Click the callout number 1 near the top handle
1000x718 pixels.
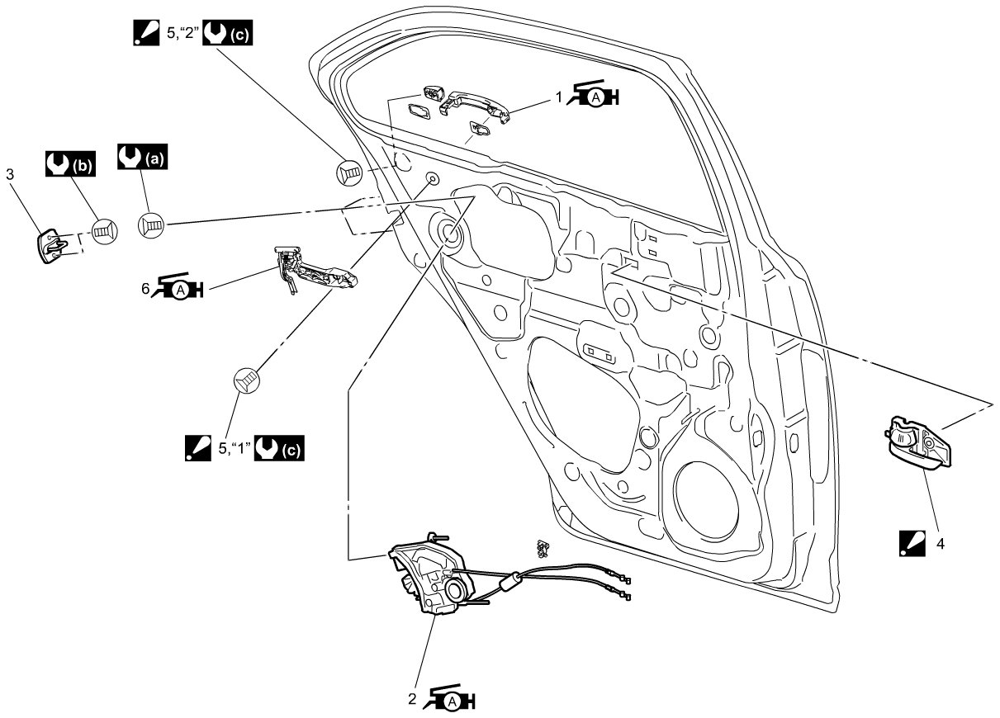pos(559,97)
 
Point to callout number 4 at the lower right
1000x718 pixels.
pos(939,544)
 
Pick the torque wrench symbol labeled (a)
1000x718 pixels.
pos(143,155)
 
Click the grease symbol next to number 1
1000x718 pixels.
pos(594,97)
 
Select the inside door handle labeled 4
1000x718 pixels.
pos(918,443)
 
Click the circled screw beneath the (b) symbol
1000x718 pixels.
pos(104,232)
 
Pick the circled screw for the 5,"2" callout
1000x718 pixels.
pos(350,172)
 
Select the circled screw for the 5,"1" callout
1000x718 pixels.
pos(246,379)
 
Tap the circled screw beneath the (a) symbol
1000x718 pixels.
pos(152,224)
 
